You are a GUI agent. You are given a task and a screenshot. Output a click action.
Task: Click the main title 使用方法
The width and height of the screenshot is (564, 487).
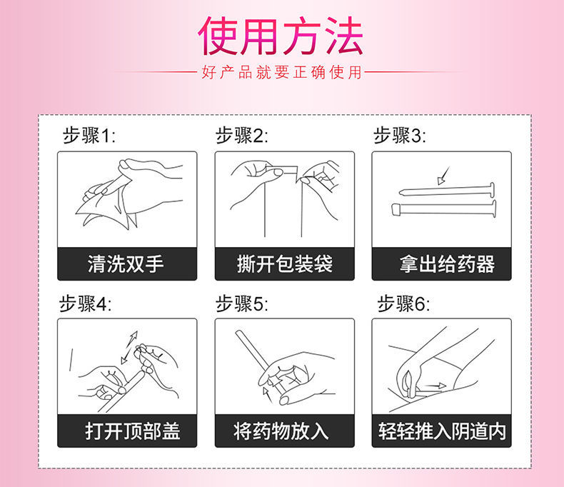pyautogui.click(x=280, y=36)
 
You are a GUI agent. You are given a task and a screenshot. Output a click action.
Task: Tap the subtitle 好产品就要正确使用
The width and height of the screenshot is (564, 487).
pyautogui.click(x=281, y=72)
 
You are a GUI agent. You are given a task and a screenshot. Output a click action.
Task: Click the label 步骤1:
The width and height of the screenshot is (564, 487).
pyautogui.click(x=89, y=136)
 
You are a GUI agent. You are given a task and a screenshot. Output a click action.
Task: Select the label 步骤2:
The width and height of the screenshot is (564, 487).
pyautogui.click(x=242, y=136)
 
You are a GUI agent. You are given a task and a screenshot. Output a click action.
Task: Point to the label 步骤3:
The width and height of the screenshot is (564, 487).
pyautogui.click(x=399, y=136)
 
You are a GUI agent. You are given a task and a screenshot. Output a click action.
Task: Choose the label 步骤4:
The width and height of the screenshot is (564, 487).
pyautogui.click(x=85, y=303)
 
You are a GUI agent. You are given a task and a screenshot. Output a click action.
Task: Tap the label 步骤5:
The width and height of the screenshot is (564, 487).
pyautogui.click(x=242, y=303)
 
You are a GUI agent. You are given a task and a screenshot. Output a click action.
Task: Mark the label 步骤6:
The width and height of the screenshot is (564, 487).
pyautogui.click(x=403, y=303)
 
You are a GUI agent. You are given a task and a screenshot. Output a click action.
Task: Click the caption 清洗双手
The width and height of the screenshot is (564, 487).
pyautogui.click(x=126, y=263)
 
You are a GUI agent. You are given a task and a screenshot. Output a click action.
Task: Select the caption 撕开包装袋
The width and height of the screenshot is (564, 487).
pyautogui.click(x=285, y=263)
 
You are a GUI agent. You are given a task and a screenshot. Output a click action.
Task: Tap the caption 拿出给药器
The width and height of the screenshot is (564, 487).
pyautogui.click(x=447, y=263)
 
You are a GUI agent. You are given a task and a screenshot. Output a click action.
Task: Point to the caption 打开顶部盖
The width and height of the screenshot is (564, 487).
pyautogui.click(x=133, y=431)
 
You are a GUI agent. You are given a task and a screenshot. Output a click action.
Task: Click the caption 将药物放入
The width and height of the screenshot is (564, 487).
pyautogui.click(x=281, y=431)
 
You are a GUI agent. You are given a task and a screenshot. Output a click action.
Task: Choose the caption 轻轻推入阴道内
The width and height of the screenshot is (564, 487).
pyautogui.click(x=442, y=431)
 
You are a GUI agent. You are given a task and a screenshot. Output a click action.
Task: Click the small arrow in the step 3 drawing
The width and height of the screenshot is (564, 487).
pyautogui.click(x=443, y=176)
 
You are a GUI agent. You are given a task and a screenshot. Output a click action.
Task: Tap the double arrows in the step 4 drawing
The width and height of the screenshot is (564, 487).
pyautogui.click(x=129, y=348)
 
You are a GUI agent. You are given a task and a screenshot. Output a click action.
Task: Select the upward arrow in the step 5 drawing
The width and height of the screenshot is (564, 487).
pyautogui.click(x=267, y=395)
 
